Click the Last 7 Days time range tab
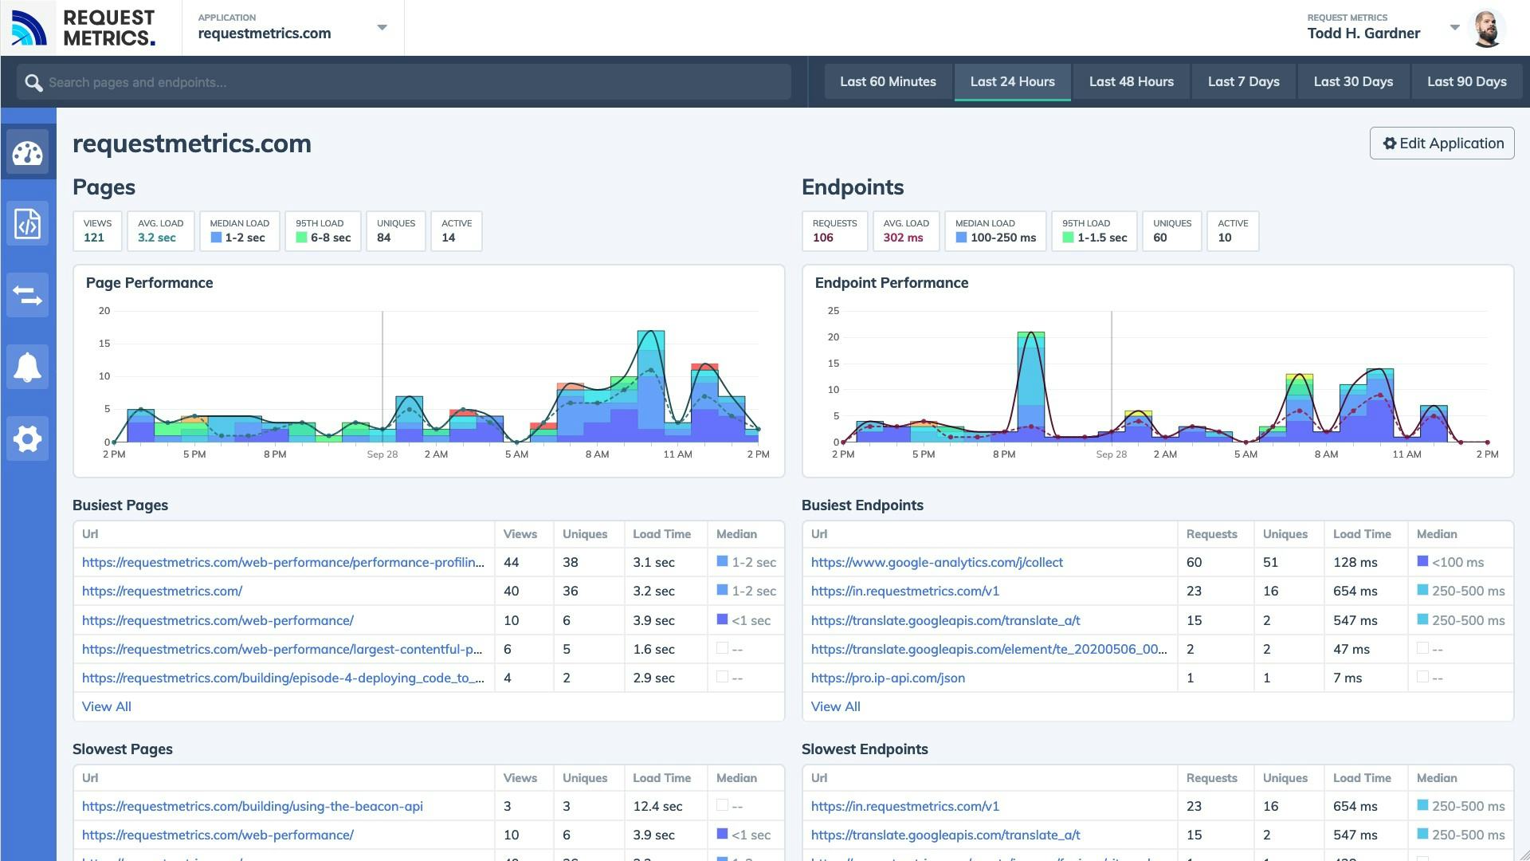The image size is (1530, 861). click(x=1243, y=81)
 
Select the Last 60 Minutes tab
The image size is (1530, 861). click(x=888, y=81)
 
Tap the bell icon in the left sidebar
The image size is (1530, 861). click(x=28, y=367)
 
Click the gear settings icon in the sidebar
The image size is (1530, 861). click(x=28, y=438)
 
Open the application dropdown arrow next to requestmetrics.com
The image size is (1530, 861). click(x=382, y=28)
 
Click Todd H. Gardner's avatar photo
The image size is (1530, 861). click(x=1486, y=29)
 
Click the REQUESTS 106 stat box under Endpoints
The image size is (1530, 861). click(x=834, y=231)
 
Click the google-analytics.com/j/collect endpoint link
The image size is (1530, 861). click(x=936, y=563)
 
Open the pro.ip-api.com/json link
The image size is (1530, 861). click(x=888, y=678)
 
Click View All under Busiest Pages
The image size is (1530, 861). click(x=107, y=707)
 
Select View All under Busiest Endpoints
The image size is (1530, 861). click(x=835, y=707)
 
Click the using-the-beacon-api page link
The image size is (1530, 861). click(x=252, y=807)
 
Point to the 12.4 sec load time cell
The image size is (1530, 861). click(x=657, y=807)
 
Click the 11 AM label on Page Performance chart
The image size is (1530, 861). click(x=677, y=454)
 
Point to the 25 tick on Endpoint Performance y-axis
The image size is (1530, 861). click(x=834, y=311)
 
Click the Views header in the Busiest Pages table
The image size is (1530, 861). click(x=520, y=535)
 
